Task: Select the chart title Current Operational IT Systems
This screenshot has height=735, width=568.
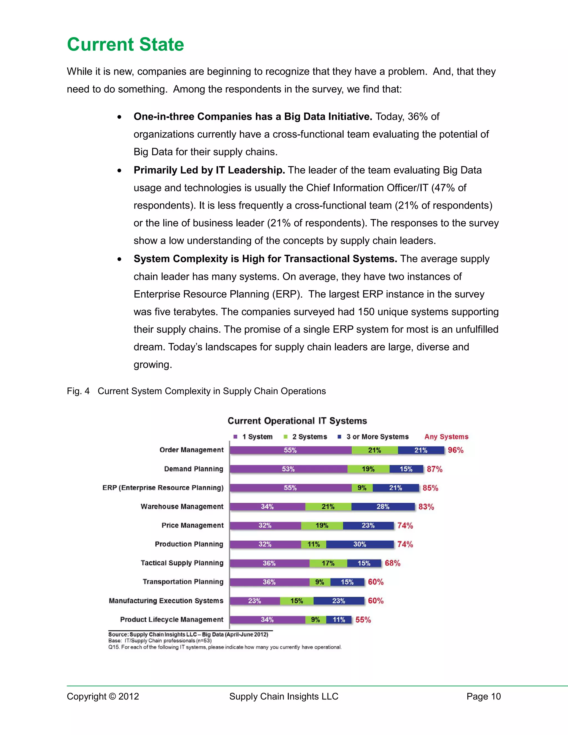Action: click(x=297, y=421)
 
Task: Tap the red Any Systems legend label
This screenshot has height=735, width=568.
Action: click(x=446, y=437)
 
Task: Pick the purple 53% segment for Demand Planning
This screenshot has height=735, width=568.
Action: click(x=288, y=469)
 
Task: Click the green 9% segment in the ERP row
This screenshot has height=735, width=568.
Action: click(x=362, y=488)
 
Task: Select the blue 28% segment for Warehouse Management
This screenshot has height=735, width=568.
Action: click(x=383, y=506)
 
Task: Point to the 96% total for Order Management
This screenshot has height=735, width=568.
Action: click(x=455, y=450)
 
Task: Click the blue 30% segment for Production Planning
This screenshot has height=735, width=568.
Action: click(x=360, y=544)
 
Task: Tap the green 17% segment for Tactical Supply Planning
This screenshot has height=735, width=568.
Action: click(x=328, y=563)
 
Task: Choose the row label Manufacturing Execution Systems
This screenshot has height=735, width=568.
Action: click(x=166, y=601)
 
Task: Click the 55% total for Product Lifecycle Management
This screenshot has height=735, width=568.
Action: click(x=363, y=620)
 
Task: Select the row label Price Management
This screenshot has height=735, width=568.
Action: click(x=192, y=525)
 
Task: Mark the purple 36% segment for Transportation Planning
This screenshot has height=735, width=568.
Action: click(x=269, y=582)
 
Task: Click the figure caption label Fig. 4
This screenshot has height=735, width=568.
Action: click(x=78, y=391)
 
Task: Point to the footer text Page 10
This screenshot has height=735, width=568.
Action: click(x=483, y=696)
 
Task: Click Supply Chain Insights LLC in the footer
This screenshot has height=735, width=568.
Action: click(x=284, y=696)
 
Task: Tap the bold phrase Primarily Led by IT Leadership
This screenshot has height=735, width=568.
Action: click(x=209, y=170)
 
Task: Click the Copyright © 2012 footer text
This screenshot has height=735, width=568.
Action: click(x=103, y=696)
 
